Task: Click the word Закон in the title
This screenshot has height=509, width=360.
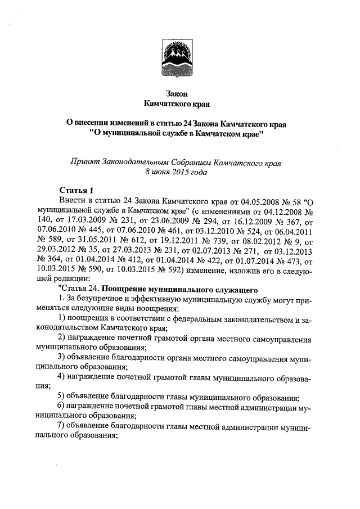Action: click(x=180, y=94)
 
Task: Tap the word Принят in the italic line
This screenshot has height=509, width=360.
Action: click(x=84, y=162)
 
